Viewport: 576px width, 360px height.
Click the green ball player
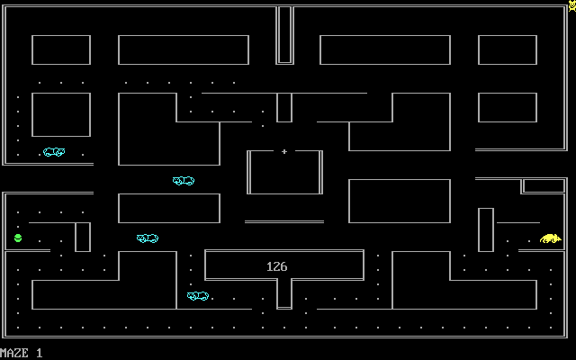(18, 238)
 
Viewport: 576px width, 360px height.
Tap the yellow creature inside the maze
(550, 238)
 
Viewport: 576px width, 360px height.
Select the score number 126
(277, 266)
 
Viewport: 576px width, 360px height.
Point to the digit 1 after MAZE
(40, 353)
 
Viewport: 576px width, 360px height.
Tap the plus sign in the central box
(284, 151)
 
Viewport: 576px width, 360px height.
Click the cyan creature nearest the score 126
(198, 295)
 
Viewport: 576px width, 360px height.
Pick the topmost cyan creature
(54, 152)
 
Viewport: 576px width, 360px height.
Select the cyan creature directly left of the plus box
(184, 181)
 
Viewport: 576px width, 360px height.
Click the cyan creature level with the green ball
(148, 238)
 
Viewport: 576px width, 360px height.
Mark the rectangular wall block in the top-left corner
(61, 49)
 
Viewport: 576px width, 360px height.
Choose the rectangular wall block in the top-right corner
(507, 49)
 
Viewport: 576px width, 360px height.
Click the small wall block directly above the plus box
(284, 107)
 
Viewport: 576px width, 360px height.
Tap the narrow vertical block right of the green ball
(83, 237)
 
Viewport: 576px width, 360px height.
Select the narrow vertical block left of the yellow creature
(486, 229)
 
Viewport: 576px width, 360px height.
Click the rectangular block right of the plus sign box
(399, 201)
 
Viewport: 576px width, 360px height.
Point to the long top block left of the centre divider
(184, 49)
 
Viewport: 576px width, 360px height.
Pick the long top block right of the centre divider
(384, 49)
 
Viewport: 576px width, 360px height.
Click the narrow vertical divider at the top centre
(284, 34)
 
